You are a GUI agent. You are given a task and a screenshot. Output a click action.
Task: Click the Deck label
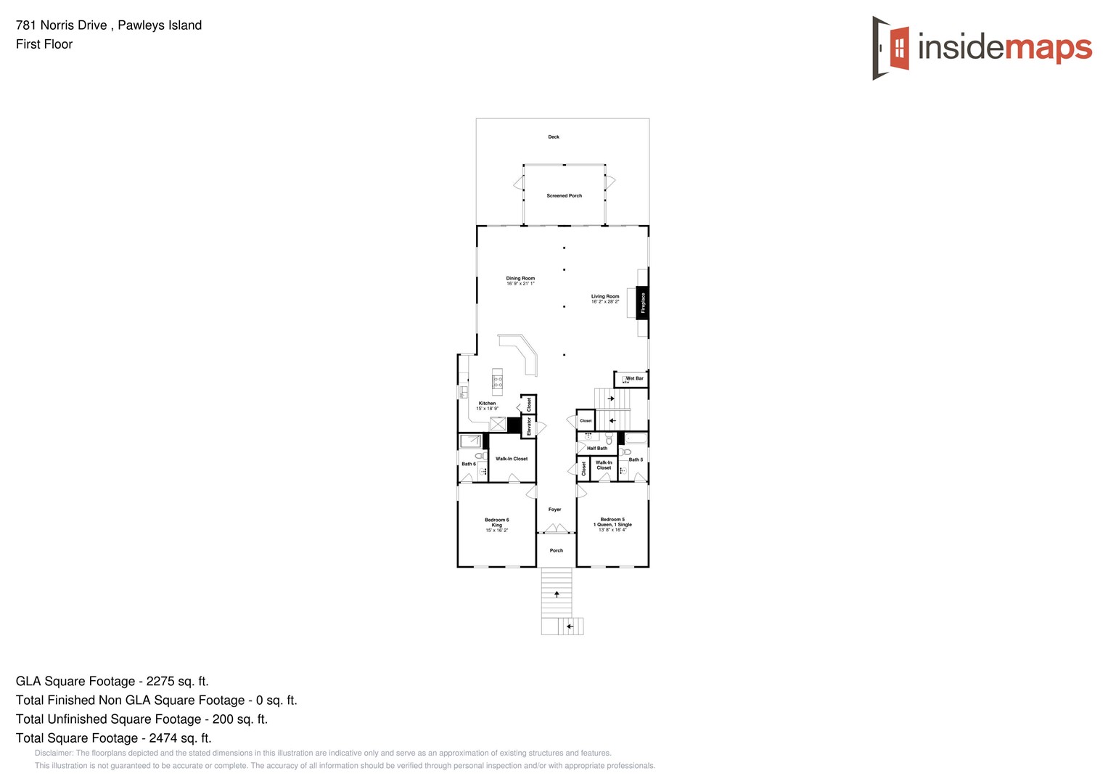(554, 136)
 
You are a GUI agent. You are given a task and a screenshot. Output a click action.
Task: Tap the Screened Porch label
(564, 196)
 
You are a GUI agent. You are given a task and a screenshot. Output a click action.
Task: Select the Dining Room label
(520, 280)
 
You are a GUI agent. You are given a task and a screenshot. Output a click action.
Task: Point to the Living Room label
(605, 298)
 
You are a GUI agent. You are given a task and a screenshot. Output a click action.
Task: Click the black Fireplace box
(642, 303)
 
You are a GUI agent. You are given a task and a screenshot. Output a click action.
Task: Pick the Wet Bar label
(634, 378)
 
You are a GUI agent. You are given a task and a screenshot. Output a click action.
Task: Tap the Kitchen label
(487, 404)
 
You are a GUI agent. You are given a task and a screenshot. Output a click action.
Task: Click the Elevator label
(529, 426)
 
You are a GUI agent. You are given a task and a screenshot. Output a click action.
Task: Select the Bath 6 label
(469, 464)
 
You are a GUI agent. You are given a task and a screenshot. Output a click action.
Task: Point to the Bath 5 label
(636, 460)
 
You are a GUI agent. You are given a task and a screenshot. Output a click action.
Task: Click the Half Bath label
(597, 449)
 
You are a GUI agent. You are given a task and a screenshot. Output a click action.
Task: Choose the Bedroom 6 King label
(497, 523)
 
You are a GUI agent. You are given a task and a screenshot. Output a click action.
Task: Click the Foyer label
(555, 510)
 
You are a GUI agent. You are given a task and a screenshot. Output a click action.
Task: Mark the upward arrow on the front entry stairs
(557, 594)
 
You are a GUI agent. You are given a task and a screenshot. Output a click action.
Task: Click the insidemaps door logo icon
(891, 48)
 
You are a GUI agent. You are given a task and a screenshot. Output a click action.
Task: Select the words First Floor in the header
(44, 44)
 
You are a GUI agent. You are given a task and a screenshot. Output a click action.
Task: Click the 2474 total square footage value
(163, 738)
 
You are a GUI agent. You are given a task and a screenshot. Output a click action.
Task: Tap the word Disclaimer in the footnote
(53, 753)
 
